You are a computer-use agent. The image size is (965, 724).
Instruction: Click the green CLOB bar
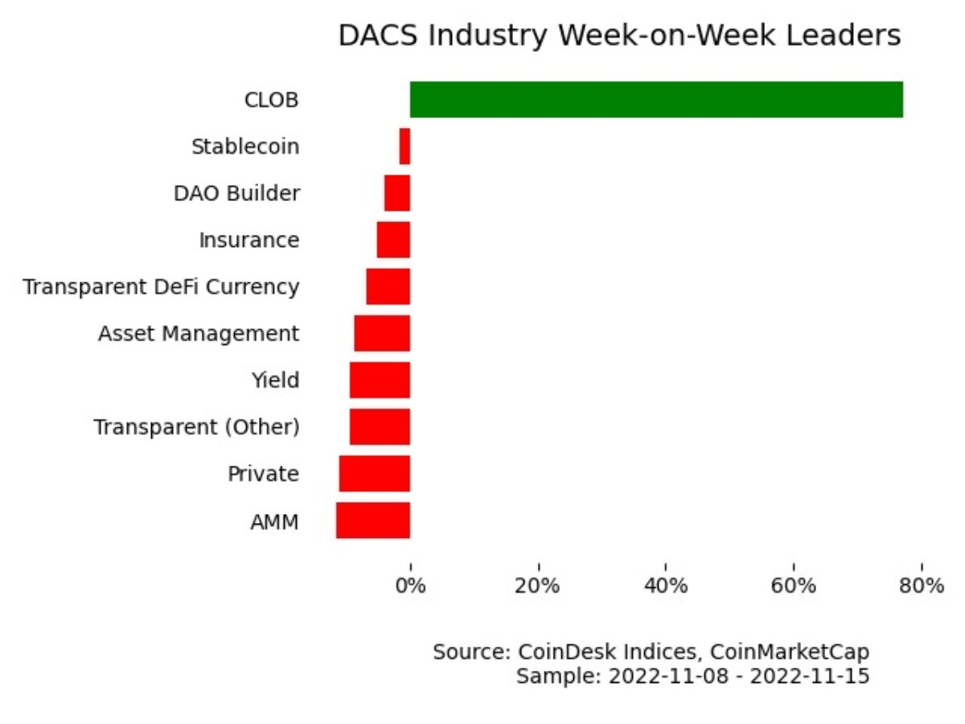coord(656,100)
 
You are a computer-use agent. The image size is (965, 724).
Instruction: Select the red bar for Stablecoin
coord(404,146)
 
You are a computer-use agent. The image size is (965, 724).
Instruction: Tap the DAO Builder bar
coord(397,193)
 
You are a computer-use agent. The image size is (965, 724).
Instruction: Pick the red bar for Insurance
coord(393,240)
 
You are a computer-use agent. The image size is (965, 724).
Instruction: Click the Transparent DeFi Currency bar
coord(388,286)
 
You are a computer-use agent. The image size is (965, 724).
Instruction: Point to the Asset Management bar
coord(382,333)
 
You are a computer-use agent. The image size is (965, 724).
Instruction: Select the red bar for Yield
coord(380,380)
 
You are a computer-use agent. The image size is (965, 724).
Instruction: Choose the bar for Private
coord(375,473)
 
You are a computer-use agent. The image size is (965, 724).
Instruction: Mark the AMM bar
coord(373,520)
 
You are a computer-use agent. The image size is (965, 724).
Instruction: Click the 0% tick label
coord(410,586)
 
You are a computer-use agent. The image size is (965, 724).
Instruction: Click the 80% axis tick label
coord(922,586)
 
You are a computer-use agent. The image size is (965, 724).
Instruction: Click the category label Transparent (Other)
coord(197,427)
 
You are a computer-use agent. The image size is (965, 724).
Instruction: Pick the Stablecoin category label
coord(245,147)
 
